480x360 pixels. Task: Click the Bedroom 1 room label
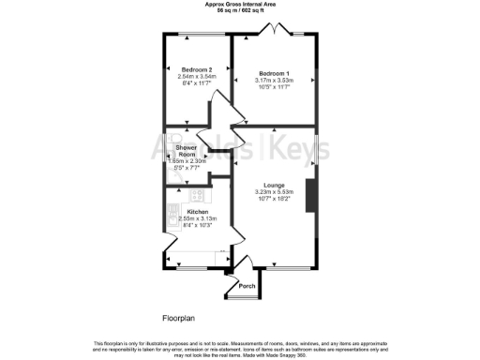pyautogui.click(x=274, y=73)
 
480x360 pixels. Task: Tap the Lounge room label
pyautogui.click(x=274, y=185)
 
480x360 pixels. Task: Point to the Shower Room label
pyautogui.click(x=187, y=151)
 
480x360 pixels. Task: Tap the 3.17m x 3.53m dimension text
pyautogui.click(x=274, y=80)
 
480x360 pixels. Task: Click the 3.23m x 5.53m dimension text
pyautogui.click(x=274, y=191)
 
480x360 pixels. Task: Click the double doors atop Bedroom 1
pyautogui.click(x=273, y=33)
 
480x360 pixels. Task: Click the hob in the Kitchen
pyautogui.click(x=197, y=196)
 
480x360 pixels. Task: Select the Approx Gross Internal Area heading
pyautogui.click(x=240, y=4)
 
